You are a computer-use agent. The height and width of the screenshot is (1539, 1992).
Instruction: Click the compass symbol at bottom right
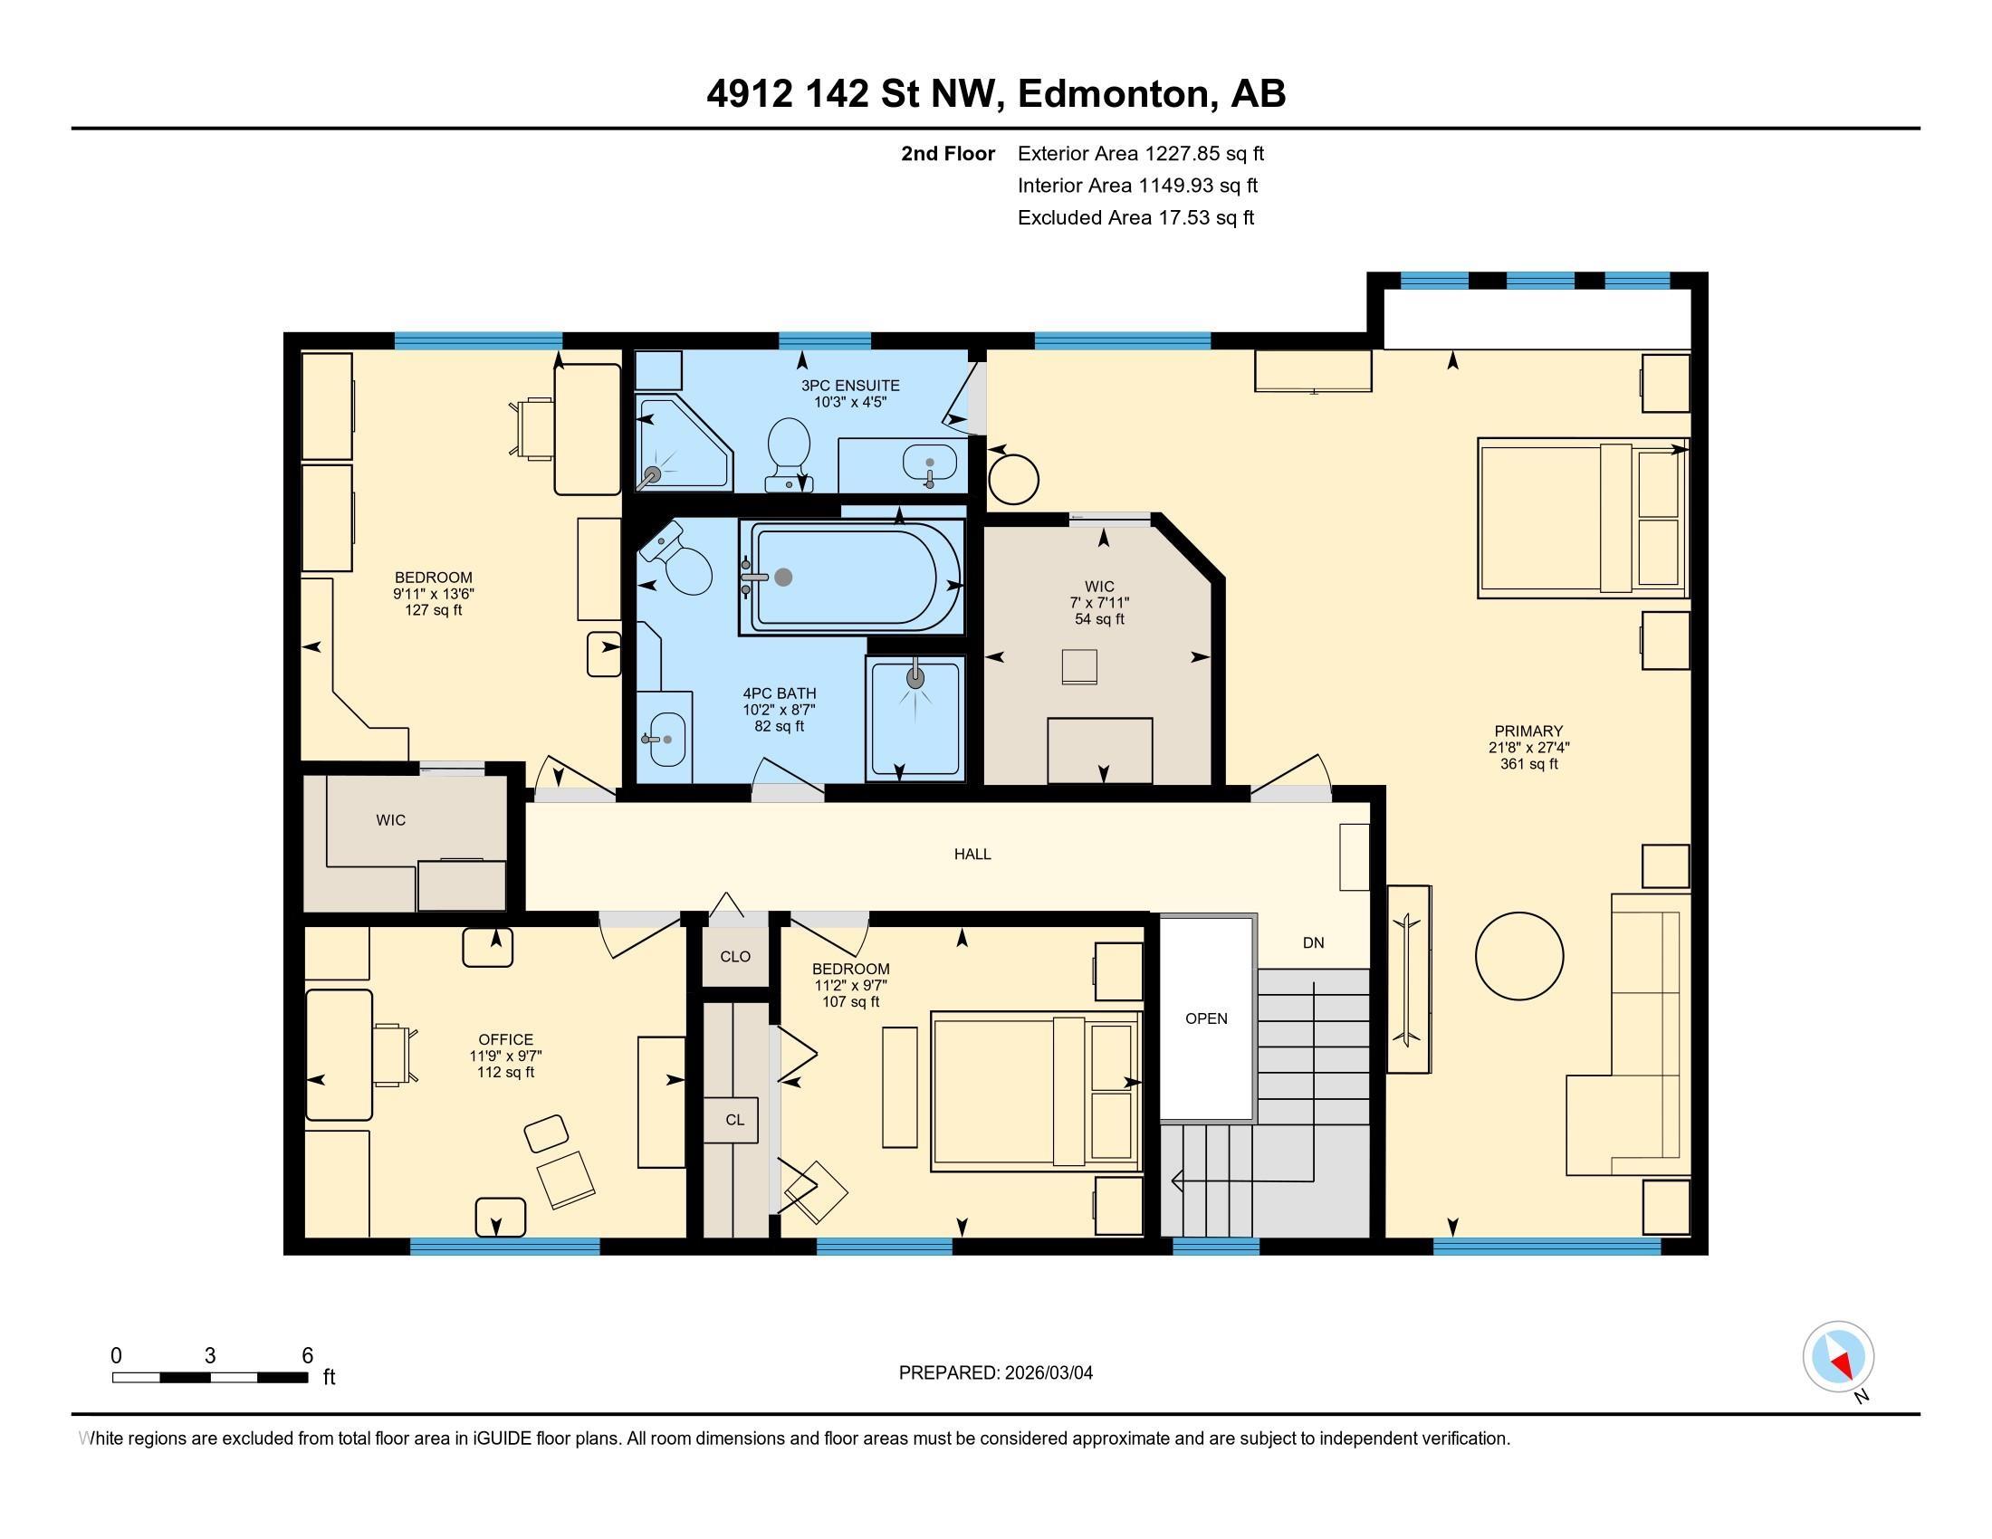pos(1838,1356)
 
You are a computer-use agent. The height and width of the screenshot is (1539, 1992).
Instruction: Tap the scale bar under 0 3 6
pos(210,1377)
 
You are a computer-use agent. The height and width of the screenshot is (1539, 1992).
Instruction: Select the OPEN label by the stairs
pos(1206,1018)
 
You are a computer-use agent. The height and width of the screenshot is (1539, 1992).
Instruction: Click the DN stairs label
pos(1313,942)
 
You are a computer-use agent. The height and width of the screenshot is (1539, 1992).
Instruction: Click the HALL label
pos(972,855)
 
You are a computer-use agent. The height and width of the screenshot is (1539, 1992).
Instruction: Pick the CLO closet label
pos(735,956)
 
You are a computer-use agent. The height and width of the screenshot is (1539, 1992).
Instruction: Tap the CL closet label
pos(735,1120)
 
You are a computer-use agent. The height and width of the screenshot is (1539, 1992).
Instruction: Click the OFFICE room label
pos(505,1039)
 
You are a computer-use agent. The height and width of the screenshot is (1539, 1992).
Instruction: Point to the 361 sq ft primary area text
pos(1528,764)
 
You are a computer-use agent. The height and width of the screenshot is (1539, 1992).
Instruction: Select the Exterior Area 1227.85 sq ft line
pos(1140,153)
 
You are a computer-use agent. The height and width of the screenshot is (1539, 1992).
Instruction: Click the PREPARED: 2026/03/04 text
pos(995,1373)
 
